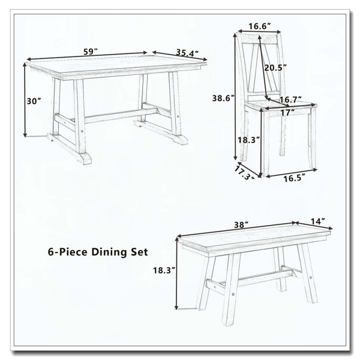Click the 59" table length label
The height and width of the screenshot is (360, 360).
click(x=91, y=52)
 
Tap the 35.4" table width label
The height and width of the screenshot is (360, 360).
click(x=187, y=53)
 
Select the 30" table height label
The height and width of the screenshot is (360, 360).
click(x=34, y=101)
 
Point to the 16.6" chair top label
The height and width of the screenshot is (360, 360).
click(x=260, y=26)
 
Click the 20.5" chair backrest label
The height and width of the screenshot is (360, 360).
click(x=275, y=67)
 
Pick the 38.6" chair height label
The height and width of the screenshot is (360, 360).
click(x=223, y=98)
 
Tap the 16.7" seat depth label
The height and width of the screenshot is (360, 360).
click(x=290, y=100)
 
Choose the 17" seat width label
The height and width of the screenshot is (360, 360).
click(x=288, y=113)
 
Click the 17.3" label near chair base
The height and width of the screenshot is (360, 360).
click(x=244, y=173)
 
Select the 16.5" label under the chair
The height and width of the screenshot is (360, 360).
click(x=294, y=178)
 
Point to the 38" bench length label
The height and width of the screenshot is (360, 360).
click(x=241, y=224)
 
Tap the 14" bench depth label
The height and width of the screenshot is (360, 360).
click(x=318, y=221)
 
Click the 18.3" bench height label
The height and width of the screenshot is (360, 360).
click(x=164, y=270)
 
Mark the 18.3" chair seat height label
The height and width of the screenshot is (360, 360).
click(x=248, y=140)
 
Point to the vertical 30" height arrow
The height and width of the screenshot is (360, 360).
click(x=25, y=100)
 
